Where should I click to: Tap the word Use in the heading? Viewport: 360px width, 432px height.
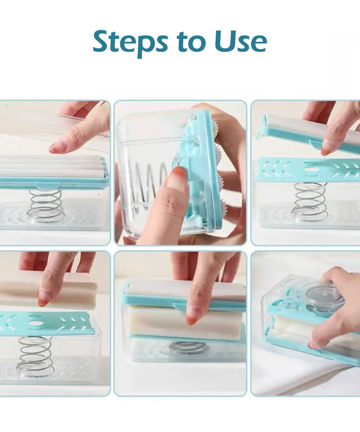pyautogui.click(x=240, y=42)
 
